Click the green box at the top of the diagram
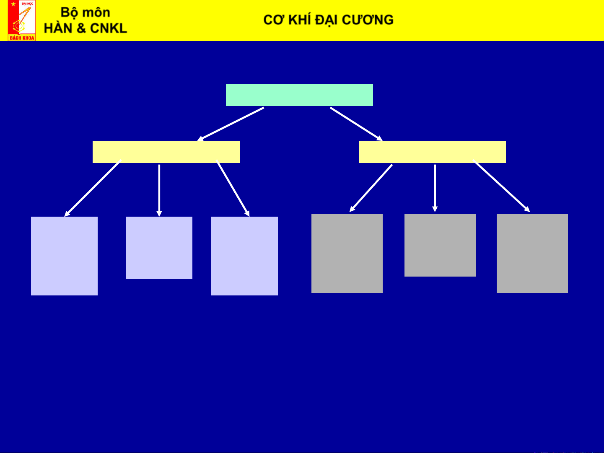299,95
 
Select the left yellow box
166,152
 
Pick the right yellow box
432,152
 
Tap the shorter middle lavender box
159,248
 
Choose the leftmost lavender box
64,256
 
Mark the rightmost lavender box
244,256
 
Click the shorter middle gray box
440,245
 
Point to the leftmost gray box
347,253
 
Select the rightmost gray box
532,253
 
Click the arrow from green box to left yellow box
231,124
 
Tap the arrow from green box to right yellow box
356,124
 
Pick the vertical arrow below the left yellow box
159,190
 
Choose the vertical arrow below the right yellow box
435,188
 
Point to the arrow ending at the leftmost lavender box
92,189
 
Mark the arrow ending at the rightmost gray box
501,186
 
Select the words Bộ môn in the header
86,12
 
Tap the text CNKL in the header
108,28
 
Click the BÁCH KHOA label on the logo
22,38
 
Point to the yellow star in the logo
13,4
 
